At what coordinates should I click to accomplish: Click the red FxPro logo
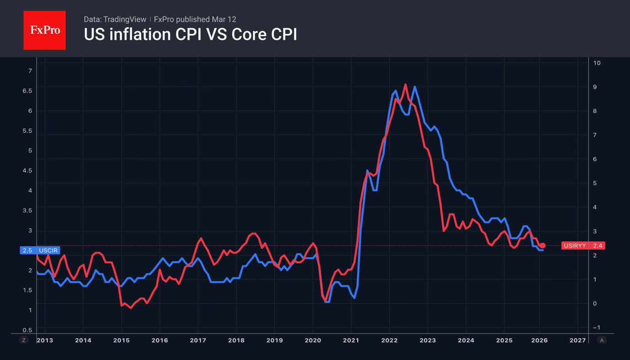pos(44,30)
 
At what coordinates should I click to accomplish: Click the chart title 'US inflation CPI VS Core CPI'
pos(190,35)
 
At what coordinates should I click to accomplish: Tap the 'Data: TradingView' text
pos(115,19)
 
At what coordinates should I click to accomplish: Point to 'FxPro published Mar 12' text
pos(195,19)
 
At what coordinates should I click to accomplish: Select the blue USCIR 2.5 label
pos(40,250)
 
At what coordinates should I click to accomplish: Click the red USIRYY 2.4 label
pos(583,246)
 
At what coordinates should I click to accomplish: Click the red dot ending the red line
pos(543,246)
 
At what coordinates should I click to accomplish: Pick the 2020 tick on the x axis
pos(313,340)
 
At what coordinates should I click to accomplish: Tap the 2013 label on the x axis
pos(45,340)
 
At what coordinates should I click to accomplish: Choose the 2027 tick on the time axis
pos(577,340)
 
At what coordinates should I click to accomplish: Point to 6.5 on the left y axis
pos(27,91)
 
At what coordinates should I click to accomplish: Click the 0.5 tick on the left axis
pos(27,330)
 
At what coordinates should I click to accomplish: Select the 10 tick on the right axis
pos(597,63)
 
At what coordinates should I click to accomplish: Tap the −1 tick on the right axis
pos(596,328)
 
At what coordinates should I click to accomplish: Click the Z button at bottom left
pos(24,340)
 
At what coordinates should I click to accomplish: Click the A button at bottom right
pos(602,340)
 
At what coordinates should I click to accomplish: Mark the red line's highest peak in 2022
pos(406,85)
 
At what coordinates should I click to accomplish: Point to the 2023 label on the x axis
pos(427,340)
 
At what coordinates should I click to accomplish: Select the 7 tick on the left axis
pos(30,71)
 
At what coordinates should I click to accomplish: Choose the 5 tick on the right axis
pos(595,183)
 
